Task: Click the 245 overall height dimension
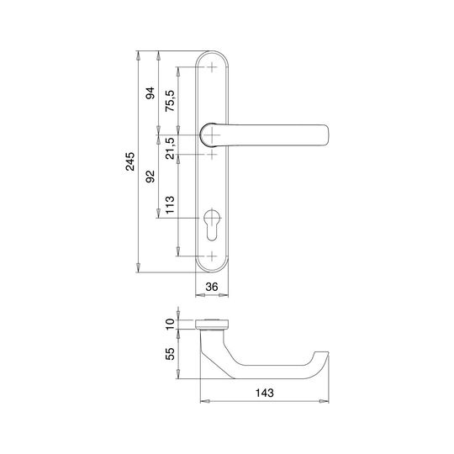(130, 161)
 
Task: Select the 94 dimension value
(150, 93)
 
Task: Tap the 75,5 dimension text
(170, 101)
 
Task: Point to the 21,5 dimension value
(170, 148)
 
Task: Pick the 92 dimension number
(150, 177)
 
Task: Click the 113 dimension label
(170, 204)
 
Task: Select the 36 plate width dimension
(212, 287)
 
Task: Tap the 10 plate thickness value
(170, 324)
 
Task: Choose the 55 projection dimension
(170, 354)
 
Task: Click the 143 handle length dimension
(264, 393)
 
